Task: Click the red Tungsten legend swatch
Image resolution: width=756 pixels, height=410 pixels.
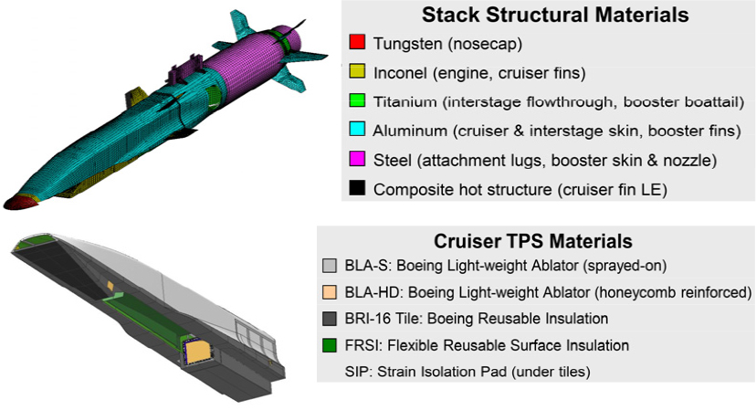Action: coord(357,42)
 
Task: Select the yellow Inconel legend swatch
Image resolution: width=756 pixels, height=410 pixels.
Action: coord(357,71)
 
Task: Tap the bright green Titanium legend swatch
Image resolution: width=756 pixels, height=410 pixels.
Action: coord(357,101)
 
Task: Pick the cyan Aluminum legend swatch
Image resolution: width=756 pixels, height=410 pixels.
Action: coord(357,131)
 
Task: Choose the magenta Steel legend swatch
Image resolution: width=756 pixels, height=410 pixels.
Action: coord(357,161)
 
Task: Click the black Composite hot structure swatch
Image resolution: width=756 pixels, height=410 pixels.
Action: coord(357,190)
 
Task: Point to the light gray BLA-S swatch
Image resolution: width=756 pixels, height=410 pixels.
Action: coord(331,267)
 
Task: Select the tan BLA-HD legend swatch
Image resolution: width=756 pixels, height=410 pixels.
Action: coord(331,293)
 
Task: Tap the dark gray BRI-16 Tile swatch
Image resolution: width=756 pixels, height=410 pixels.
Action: coord(331,319)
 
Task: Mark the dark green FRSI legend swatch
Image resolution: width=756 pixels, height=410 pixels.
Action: coord(331,345)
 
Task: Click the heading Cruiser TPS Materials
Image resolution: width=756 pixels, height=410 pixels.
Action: coord(534,242)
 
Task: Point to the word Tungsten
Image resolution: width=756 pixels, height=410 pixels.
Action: coord(407,42)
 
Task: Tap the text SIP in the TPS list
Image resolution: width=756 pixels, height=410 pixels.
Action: coord(356,372)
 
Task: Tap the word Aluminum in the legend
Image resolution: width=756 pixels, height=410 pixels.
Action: coord(409,131)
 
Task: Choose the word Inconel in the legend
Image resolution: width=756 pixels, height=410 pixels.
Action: coord(402,71)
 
